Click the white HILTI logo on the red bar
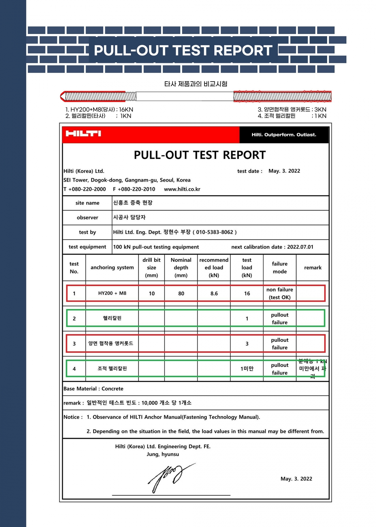(83, 133)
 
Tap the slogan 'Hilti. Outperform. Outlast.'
(284, 135)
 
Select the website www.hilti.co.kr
(182, 189)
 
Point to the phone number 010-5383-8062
(215, 232)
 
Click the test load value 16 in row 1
(247, 294)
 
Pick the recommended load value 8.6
(214, 294)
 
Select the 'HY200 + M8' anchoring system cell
(112, 293)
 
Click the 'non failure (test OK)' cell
(280, 294)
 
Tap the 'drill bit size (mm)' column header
(151, 268)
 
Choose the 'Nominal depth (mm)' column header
(181, 268)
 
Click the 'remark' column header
(313, 268)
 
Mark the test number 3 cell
(74, 344)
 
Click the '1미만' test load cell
(247, 369)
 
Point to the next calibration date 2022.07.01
(300, 247)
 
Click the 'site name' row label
(88, 203)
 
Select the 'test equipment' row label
(88, 247)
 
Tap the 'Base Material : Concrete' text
(93, 389)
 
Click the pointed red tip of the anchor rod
(63, 97)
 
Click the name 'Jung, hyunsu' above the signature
(163, 454)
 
